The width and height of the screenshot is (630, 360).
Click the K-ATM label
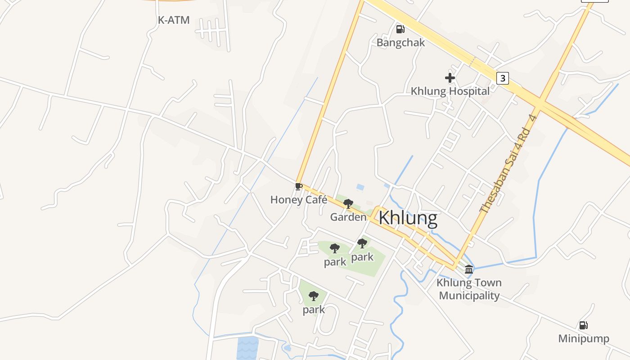pyautogui.click(x=173, y=20)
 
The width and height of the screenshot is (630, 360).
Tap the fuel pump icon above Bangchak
pyautogui.click(x=400, y=29)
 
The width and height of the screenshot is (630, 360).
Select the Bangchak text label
pyautogui.click(x=400, y=43)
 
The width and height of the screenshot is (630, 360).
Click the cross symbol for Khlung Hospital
pyautogui.click(x=450, y=78)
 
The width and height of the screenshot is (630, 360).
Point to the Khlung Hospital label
pyautogui.click(x=450, y=91)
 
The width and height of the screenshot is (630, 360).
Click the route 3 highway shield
pyautogui.click(x=503, y=78)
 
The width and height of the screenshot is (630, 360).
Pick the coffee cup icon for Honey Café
pyautogui.click(x=298, y=186)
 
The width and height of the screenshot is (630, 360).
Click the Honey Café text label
pyautogui.click(x=299, y=200)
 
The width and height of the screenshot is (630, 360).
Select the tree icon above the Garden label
pyautogui.click(x=348, y=204)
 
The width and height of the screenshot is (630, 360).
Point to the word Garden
pyautogui.click(x=348, y=217)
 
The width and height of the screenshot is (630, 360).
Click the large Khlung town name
pyautogui.click(x=408, y=218)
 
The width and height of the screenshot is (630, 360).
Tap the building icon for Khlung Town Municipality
pyautogui.click(x=469, y=270)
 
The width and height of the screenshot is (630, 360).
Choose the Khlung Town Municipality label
pyautogui.click(x=469, y=289)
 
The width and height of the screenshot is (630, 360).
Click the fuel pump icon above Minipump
pyautogui.click(x=583, y=325)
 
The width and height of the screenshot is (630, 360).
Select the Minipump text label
pyautogui.click(x=584, y=338)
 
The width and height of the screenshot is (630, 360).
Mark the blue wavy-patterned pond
pyautogui.click(x=247, y=348)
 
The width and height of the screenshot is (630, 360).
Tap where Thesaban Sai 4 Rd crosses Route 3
pyautogui.click(x=539, y=105)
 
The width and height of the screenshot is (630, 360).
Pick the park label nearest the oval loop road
pyautogui.click(x=314, y=310)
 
